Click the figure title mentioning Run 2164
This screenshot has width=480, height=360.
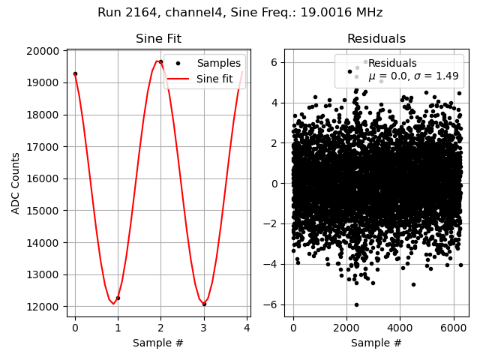click(x=240, y=13)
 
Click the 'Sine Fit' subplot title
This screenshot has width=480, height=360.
click(x=158, y=39)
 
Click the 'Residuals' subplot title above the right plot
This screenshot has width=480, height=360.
click(x=376, y=39)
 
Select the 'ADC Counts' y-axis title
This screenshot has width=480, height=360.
click(x=16, y=182)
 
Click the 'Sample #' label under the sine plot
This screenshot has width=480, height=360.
click(x=158, y=343)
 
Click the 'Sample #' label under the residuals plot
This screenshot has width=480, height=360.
click(x=376, y=343)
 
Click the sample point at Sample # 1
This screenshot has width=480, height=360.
click(x=118, y=298)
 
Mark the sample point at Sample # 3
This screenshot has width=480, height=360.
click(x=204, y=304)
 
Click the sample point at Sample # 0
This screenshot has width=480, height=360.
click(x=75, y=73)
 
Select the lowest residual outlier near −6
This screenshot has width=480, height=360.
click(x=356, y=304)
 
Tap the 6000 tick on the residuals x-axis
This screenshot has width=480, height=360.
click(x=452, y=328)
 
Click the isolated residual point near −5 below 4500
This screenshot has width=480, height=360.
click(x=413, y=284)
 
